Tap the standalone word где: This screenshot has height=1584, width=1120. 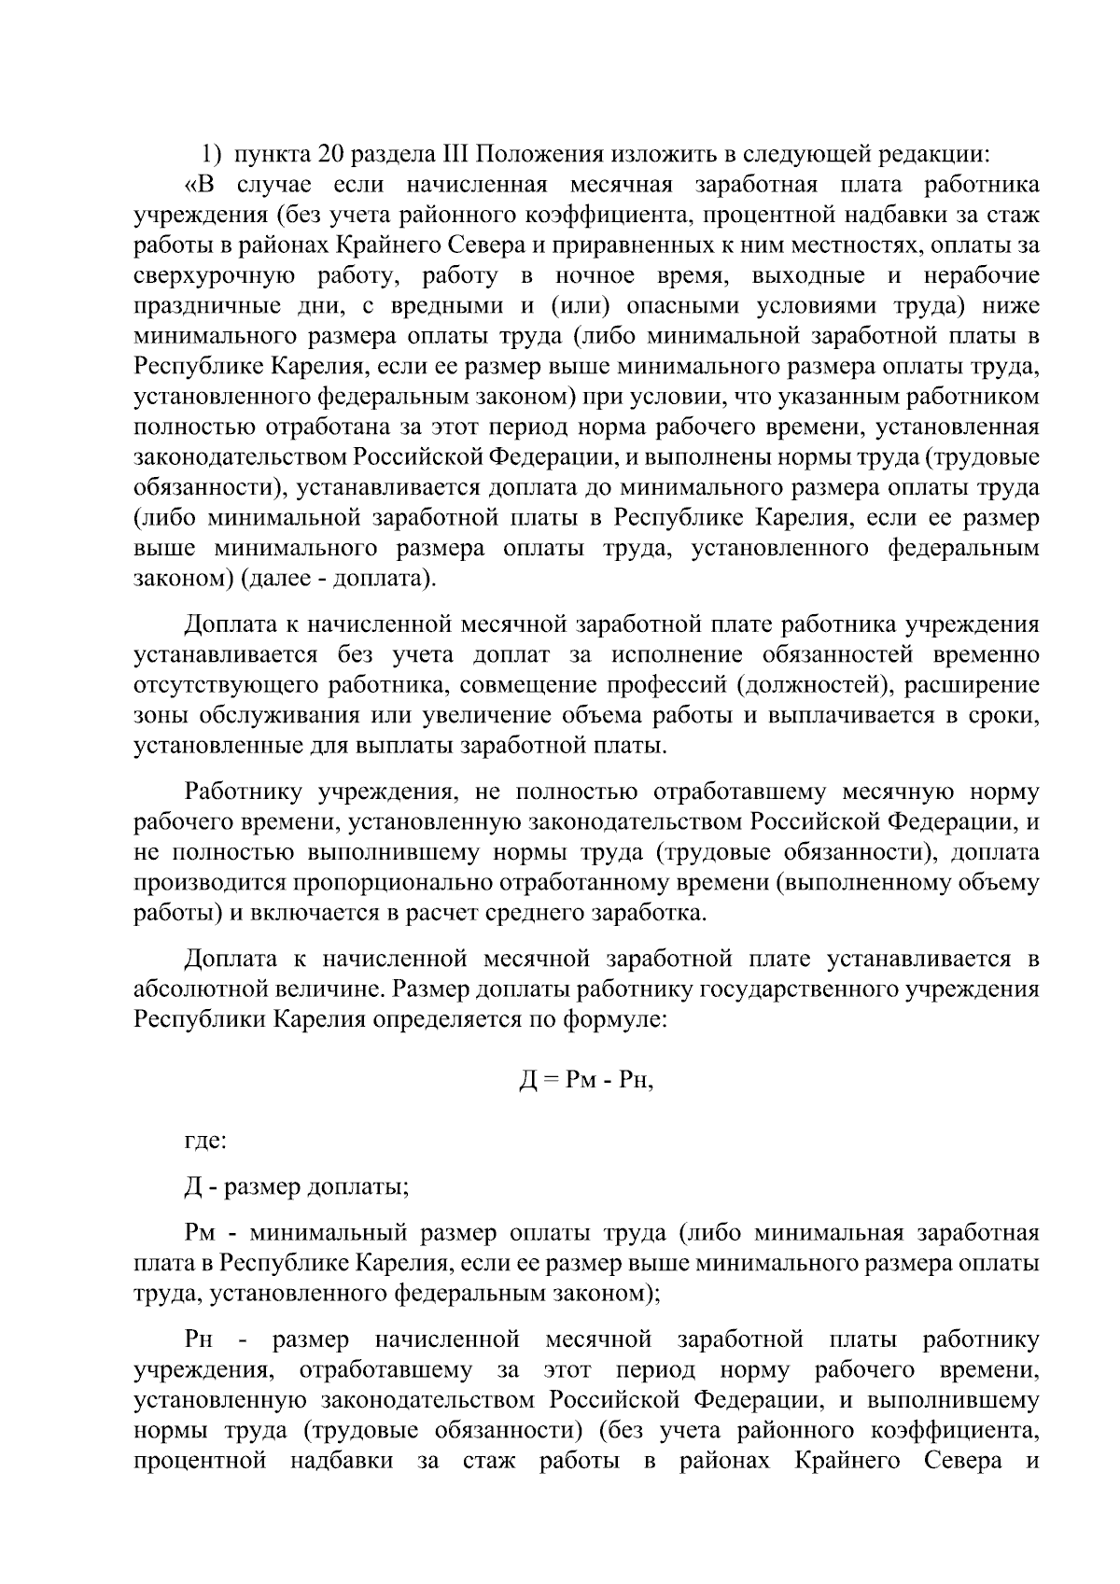coord(204,1142)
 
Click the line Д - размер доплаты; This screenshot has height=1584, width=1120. coord(296,1187)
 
